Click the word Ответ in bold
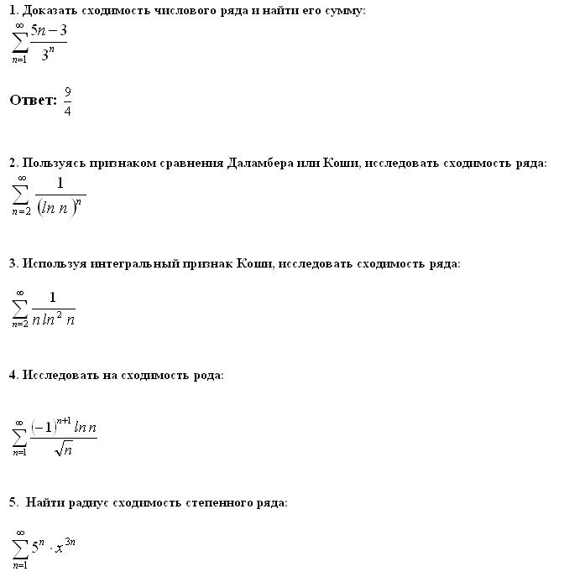coord(32,101)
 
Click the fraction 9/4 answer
coord(67,101)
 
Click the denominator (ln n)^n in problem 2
coord(61,206)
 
